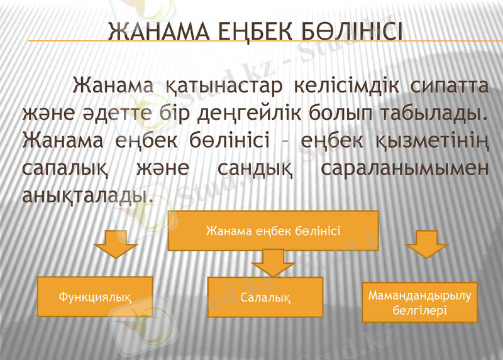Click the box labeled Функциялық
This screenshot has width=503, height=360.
click(95, 295)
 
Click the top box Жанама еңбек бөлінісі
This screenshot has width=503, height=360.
click(273, 231)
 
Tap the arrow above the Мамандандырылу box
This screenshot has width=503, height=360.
click(424, 243)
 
